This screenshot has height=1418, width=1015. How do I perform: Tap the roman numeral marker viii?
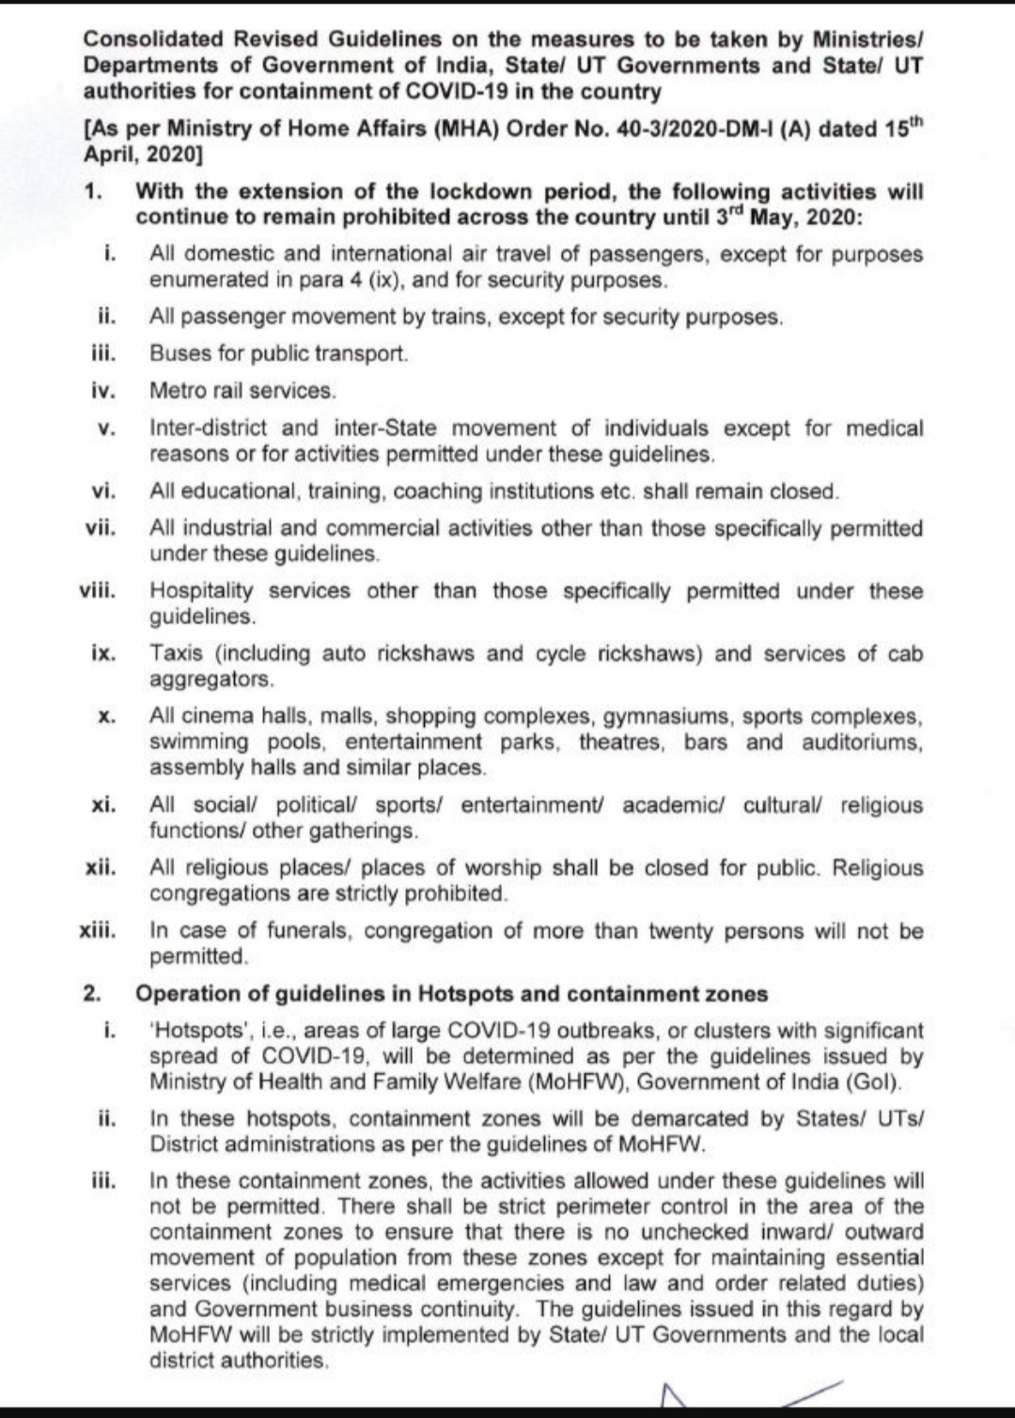[98, 591]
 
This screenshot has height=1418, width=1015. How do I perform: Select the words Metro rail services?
[242, 390]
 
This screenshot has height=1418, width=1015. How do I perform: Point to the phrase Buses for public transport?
[278, 354]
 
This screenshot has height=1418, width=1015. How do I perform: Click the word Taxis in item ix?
[176, 654]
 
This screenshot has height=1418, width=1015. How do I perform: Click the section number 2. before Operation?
[92, 994]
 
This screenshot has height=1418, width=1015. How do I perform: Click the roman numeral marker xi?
[103, 805]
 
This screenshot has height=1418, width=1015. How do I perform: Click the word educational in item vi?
[235, 491]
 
